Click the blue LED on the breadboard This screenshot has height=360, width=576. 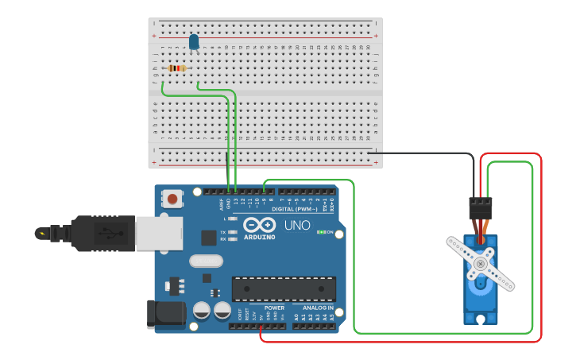point(194,42)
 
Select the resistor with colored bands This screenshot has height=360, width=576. point(176,68)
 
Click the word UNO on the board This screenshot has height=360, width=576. point(297,226)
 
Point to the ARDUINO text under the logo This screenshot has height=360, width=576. point(260,237)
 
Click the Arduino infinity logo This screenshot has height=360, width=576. point(260,225)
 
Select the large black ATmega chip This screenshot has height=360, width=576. point(284,289)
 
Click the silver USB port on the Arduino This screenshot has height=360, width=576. point(159,233)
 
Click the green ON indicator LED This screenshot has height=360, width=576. point(320,232)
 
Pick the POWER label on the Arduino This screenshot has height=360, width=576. point(274,308)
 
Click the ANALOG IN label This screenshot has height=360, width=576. point(318,308)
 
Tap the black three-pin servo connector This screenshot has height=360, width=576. point(480,208)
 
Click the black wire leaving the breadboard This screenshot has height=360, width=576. point(421,153)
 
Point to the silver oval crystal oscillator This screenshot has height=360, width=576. point(207,261)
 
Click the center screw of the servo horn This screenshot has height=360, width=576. point(479,263)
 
